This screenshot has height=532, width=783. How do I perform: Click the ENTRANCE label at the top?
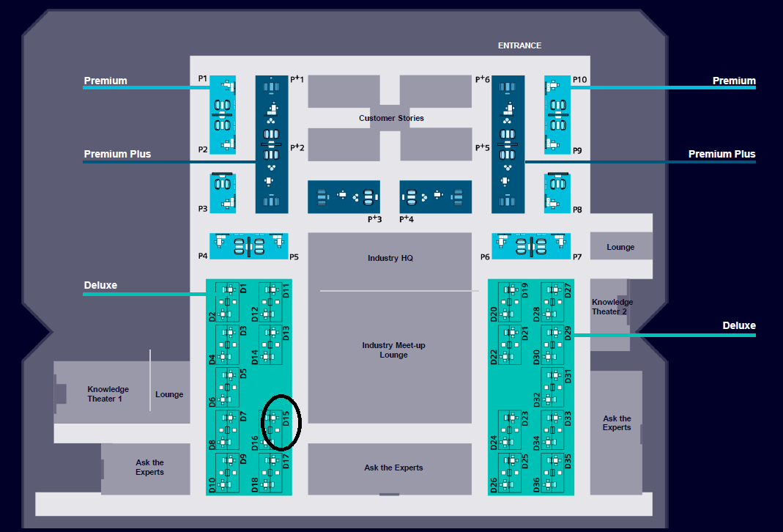pyautogui.click(x=519, y=45)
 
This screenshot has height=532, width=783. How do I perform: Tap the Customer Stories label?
pyautogui.click(x=391, y=118)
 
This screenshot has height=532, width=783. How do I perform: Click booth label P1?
pyautogui.click(x=203, y=78)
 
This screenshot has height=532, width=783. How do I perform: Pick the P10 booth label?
pyautogui.click(x=579, y=79)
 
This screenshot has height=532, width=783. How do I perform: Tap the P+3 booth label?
pyautogui.click(x=375, y=218)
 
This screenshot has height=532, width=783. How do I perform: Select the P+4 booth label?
pyautogui.click(x=407, y=218)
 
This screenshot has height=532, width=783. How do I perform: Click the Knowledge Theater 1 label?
pyautogui.click(x=108, y=394)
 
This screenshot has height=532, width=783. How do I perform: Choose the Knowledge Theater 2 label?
pyautogui.click(x=612, y=306)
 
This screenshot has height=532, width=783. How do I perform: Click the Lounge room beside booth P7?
pyautogui.click(x=620, y=247)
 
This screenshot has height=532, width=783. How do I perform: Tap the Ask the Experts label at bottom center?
pyautogui.click(x=393, y=468)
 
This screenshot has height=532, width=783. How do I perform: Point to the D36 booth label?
pyautogui.click(x=536, y=485)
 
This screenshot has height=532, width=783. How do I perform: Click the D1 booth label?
pyautogui.click(x=243, y=289)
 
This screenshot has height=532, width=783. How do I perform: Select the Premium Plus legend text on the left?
pyautogui.click(x=117, y=154)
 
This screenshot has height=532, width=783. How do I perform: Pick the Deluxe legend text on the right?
pyautogui.click(x=739, y=325)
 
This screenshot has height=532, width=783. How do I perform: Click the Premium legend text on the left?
pyautogui.click(x=105, y=81)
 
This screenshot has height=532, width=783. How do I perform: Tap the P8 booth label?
pyautogui.click(x=577, y=210)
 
